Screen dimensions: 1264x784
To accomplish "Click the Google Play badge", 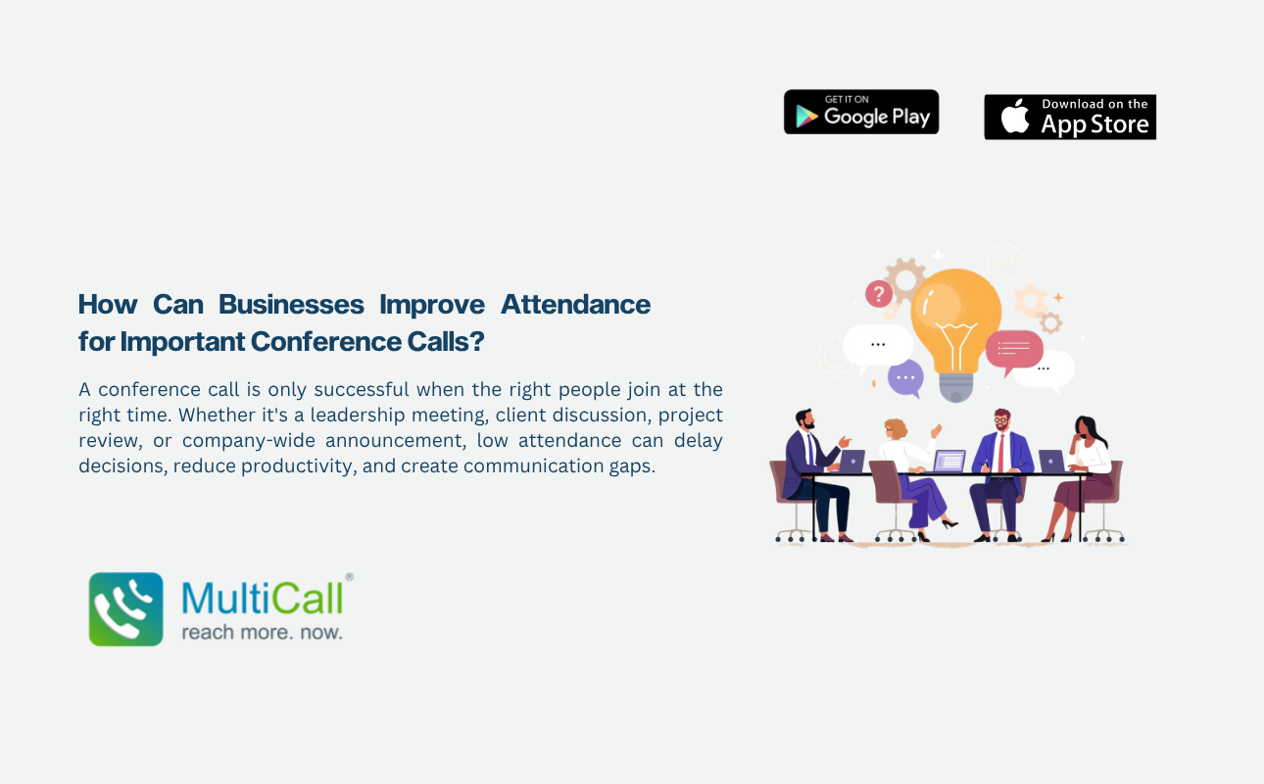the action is (x=861, y=112).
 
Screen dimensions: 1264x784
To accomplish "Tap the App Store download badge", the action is (x=1070, y=117).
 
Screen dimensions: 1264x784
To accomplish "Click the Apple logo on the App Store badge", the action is (x=1015, y=116).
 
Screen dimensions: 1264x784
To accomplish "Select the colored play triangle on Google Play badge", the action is (x=806, y=117).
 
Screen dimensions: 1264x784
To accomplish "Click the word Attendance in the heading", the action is (x=575, y=305).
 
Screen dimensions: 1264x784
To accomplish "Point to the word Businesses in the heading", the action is (x=291, y=305).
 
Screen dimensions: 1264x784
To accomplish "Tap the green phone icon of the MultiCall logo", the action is (x=125, y=609).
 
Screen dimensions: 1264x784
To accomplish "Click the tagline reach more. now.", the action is (x=262, y=632).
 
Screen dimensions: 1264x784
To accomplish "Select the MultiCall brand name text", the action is (x=262, y=598).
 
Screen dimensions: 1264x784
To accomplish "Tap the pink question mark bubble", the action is (x=879, y=295).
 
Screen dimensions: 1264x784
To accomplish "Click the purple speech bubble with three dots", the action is (x=905, y=378).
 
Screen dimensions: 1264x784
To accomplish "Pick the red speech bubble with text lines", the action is (x=1014, y=351).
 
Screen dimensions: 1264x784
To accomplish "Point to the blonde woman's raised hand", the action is (x=936, y=430).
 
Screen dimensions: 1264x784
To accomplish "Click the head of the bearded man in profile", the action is (x=805, y=418).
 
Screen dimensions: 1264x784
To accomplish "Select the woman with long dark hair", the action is (x=1081, y=478).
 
